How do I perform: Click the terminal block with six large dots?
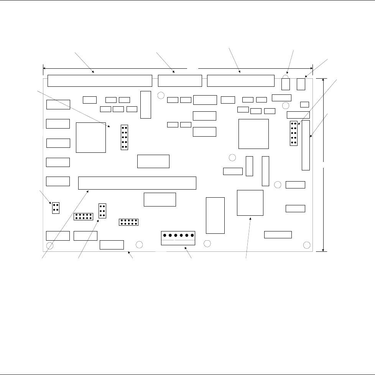178,238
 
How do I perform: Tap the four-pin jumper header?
56,207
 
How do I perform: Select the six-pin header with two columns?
102,211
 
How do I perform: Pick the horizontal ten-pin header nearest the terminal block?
129,222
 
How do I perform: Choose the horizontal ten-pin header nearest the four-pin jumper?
83,216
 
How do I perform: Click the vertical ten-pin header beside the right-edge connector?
294,133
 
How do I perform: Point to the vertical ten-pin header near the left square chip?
124,137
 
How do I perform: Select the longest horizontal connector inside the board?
137,183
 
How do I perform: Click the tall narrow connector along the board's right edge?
306,145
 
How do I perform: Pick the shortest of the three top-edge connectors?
179,81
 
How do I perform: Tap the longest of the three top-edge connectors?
100,81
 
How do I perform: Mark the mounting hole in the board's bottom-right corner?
307,245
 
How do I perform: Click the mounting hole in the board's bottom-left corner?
50,246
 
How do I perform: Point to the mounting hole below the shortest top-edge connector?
161,95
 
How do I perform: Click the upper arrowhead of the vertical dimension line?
324,80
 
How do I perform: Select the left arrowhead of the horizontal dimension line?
44,68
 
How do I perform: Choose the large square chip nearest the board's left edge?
91,137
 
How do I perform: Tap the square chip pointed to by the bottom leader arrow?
250,202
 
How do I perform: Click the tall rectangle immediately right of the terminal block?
215,215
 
